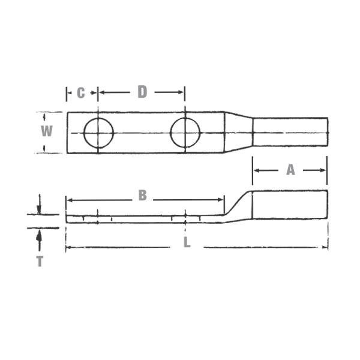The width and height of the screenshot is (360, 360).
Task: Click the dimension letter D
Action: [x=142, y=92]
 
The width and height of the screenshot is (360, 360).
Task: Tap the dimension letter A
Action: [x=290, y=170]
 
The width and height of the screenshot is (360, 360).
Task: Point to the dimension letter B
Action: [x=142, y=195]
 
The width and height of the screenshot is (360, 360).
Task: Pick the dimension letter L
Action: [x=187, y=244]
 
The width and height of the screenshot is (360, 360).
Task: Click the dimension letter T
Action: [x=39, y=262]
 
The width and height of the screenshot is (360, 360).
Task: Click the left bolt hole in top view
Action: [x=98, y=133]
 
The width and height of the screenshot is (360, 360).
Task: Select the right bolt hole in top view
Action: [x=185, y=133]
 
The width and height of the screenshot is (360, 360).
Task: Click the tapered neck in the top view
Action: [x=238, y=132]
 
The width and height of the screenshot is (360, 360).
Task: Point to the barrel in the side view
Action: [x=289, y=205]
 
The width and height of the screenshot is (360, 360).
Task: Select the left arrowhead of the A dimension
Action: [x=256, y=170]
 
